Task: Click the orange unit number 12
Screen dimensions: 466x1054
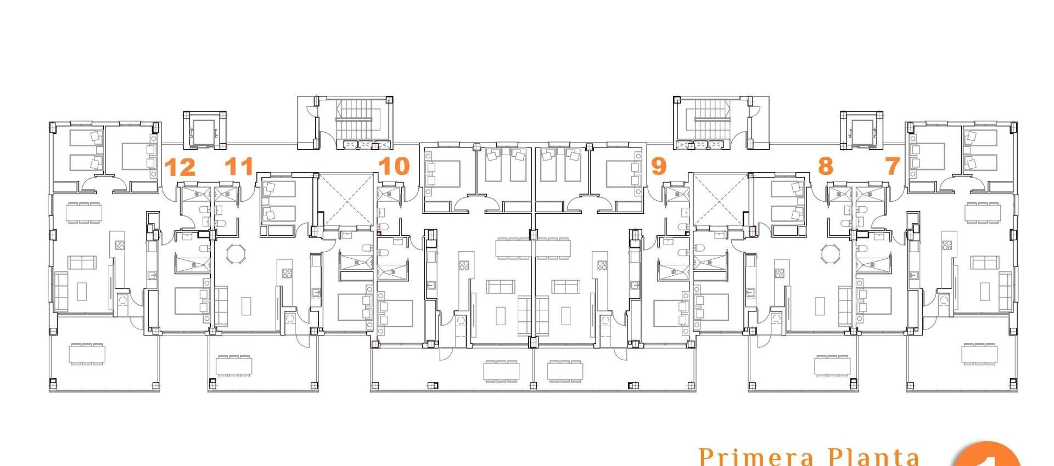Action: point(180,167)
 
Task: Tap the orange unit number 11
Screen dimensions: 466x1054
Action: point(239,166)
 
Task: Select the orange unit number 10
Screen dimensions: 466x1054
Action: point(394,166)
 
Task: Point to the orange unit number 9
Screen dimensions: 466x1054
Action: point(658,166)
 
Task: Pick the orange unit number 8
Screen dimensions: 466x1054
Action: point(825,166)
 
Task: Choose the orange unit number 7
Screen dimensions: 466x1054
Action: point(893,166)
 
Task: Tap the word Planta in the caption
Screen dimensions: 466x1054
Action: point(873,457)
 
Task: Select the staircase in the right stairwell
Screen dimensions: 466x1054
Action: point(713,121)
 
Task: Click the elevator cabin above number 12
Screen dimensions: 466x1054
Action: point(203,130)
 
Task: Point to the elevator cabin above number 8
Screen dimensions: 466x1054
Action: point(861,130)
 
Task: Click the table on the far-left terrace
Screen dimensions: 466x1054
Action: point(87,354)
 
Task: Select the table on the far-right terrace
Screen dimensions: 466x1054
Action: point(979,354)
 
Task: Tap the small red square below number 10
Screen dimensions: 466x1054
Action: point(379,233)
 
